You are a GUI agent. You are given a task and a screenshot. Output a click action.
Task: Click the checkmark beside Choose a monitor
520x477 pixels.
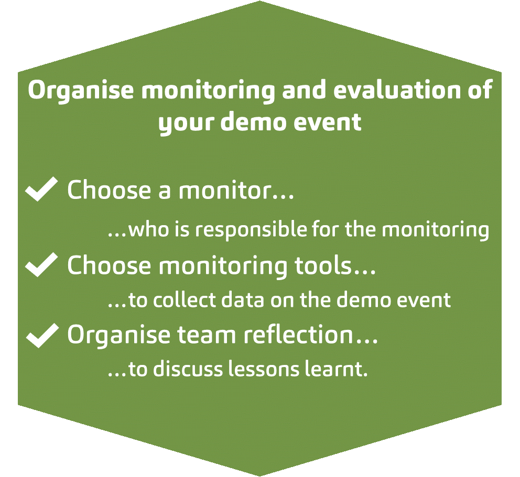pyautogui.click(x=41, y=189)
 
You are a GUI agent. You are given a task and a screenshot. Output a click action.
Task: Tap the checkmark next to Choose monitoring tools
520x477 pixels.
pyautogui.click(x=41, y=264)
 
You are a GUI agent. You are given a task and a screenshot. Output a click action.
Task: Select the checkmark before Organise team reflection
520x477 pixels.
pyautogui.click(x=42, y=336)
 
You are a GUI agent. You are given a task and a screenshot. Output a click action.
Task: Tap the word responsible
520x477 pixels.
pyautogui.click(x=251, y=229)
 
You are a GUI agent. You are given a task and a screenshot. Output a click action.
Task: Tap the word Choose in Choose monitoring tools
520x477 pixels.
pyautogui.click(x=109, y=265)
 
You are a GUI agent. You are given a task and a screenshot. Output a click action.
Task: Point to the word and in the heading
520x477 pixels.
pyautogui.click(x=304, y=90)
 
